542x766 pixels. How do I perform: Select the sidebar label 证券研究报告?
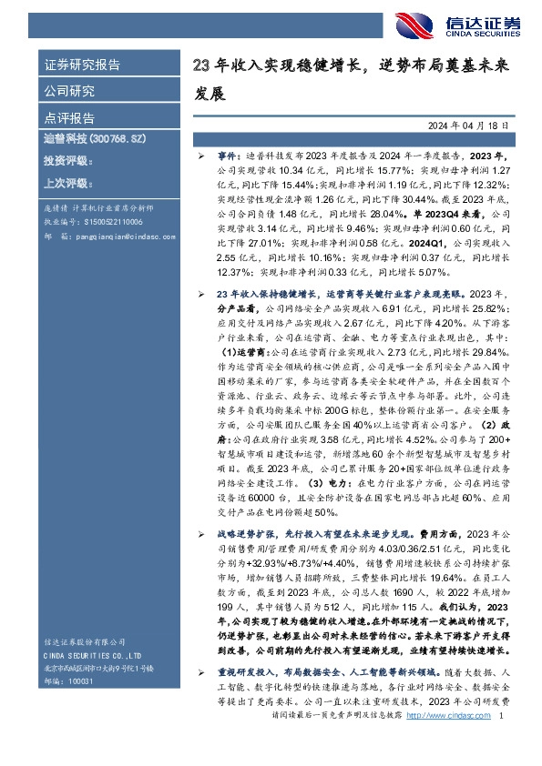pyautogui.click(x=82, y=65)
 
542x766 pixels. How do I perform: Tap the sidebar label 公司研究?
pyautogui.click(x=69, y=92)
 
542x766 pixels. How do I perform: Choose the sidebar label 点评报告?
pyautogui.click(x=69, y=118)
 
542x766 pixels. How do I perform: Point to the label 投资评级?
pyautogui.click(x=68, y=160)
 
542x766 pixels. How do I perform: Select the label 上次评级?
pyautogui.click(x=68, y=183)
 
